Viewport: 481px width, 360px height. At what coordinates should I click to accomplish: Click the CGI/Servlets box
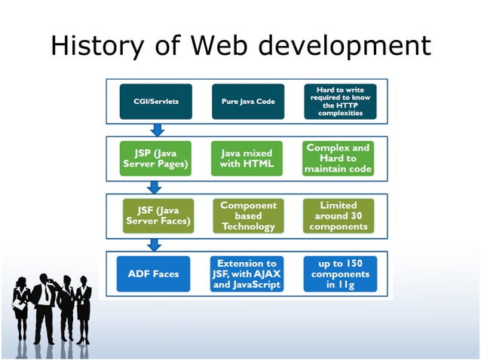pyautogui.click(x=156, y=101)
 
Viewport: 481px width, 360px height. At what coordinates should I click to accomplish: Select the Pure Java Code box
pyautogui.click(x=248, y=101)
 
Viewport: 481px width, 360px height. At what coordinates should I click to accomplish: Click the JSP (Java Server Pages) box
pyautogui.click(x=156, y=159)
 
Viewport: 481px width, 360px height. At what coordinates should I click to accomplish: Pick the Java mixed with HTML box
pyautogui.click(x=248, y=159)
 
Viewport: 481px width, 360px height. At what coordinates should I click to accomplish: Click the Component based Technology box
pyautogui.click(x=248, y=216)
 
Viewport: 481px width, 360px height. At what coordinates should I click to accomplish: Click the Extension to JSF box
pyautogui.click(x=248, y=274)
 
